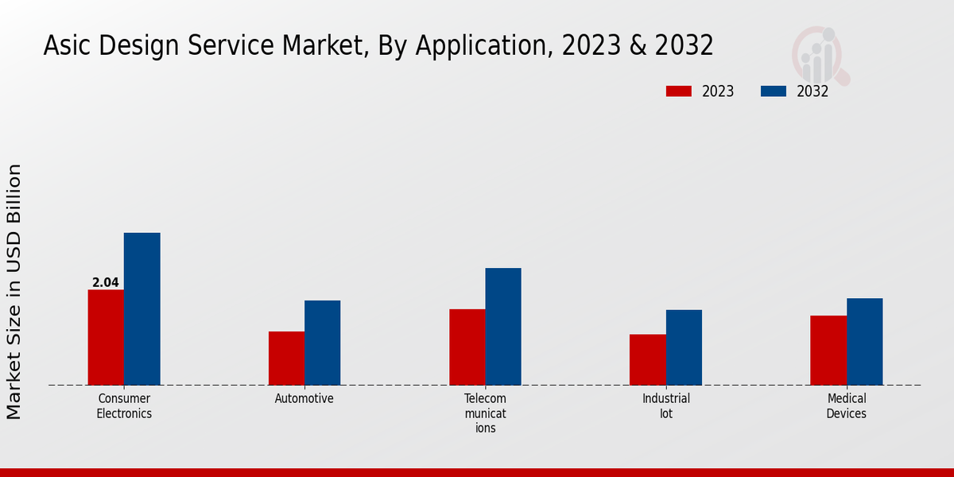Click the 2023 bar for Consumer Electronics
click(x=106, y=337)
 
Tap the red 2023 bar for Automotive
click(x=286, y=358)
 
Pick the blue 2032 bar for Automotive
click(x=322, y=343)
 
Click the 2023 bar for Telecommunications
click(x=467, y=347)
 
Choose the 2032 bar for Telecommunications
click(x=503, y=326)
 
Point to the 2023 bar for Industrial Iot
click(x=647, y=359)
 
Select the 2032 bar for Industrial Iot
click(x=684, y=347)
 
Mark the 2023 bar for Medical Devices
click(x=828, y=350)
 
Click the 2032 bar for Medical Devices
click(x=864, y=341)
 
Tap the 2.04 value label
click(x=106, y=282)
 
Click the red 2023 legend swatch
click(x=678, y=91)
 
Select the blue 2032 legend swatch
click(x=773, y=91)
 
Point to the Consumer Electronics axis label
click(x=124, y=405)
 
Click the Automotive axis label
click(x=304, y=398)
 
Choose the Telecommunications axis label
click(x=485, y=413)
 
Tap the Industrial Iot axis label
click(x=666, y=405)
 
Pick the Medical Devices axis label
click(x=847, y=405)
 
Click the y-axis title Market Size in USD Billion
click(x=14, y=291)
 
